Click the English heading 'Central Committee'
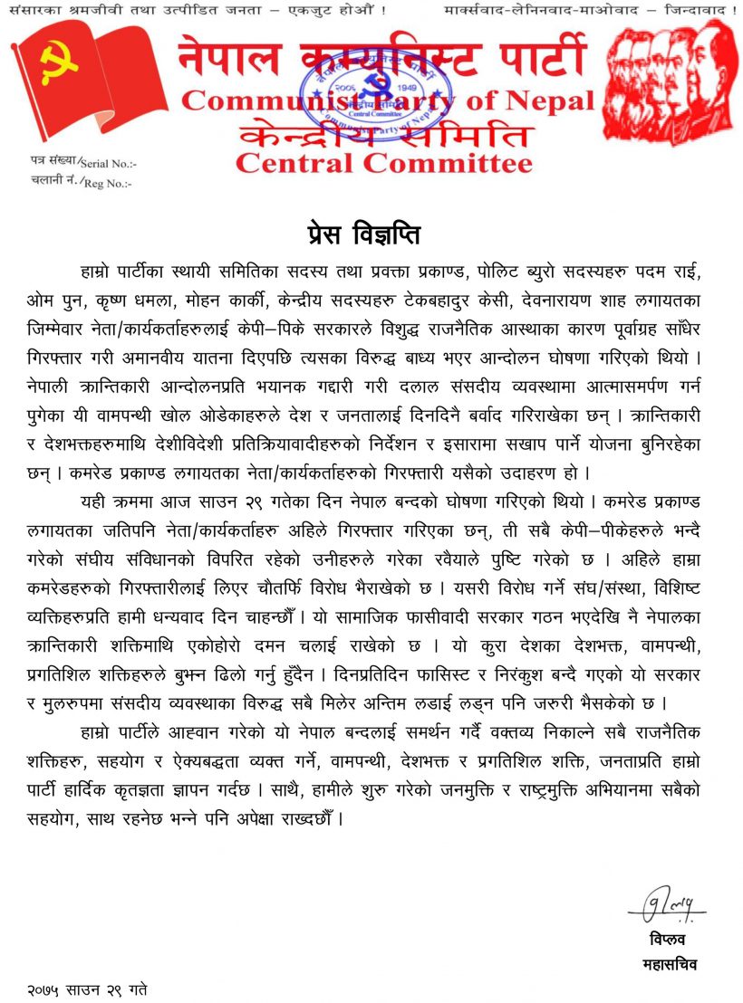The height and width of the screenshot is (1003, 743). (384, 164)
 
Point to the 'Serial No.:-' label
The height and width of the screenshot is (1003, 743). (108, 164)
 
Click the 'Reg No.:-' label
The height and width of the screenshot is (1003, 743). (108, 184)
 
